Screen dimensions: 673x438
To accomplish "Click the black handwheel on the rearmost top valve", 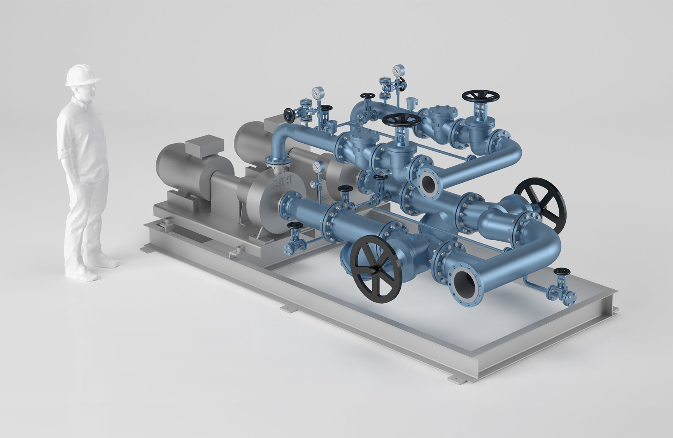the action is [480, 96].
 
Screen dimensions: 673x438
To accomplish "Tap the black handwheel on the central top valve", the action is [401, 120].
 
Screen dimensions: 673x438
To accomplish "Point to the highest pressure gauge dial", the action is [397, 71].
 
